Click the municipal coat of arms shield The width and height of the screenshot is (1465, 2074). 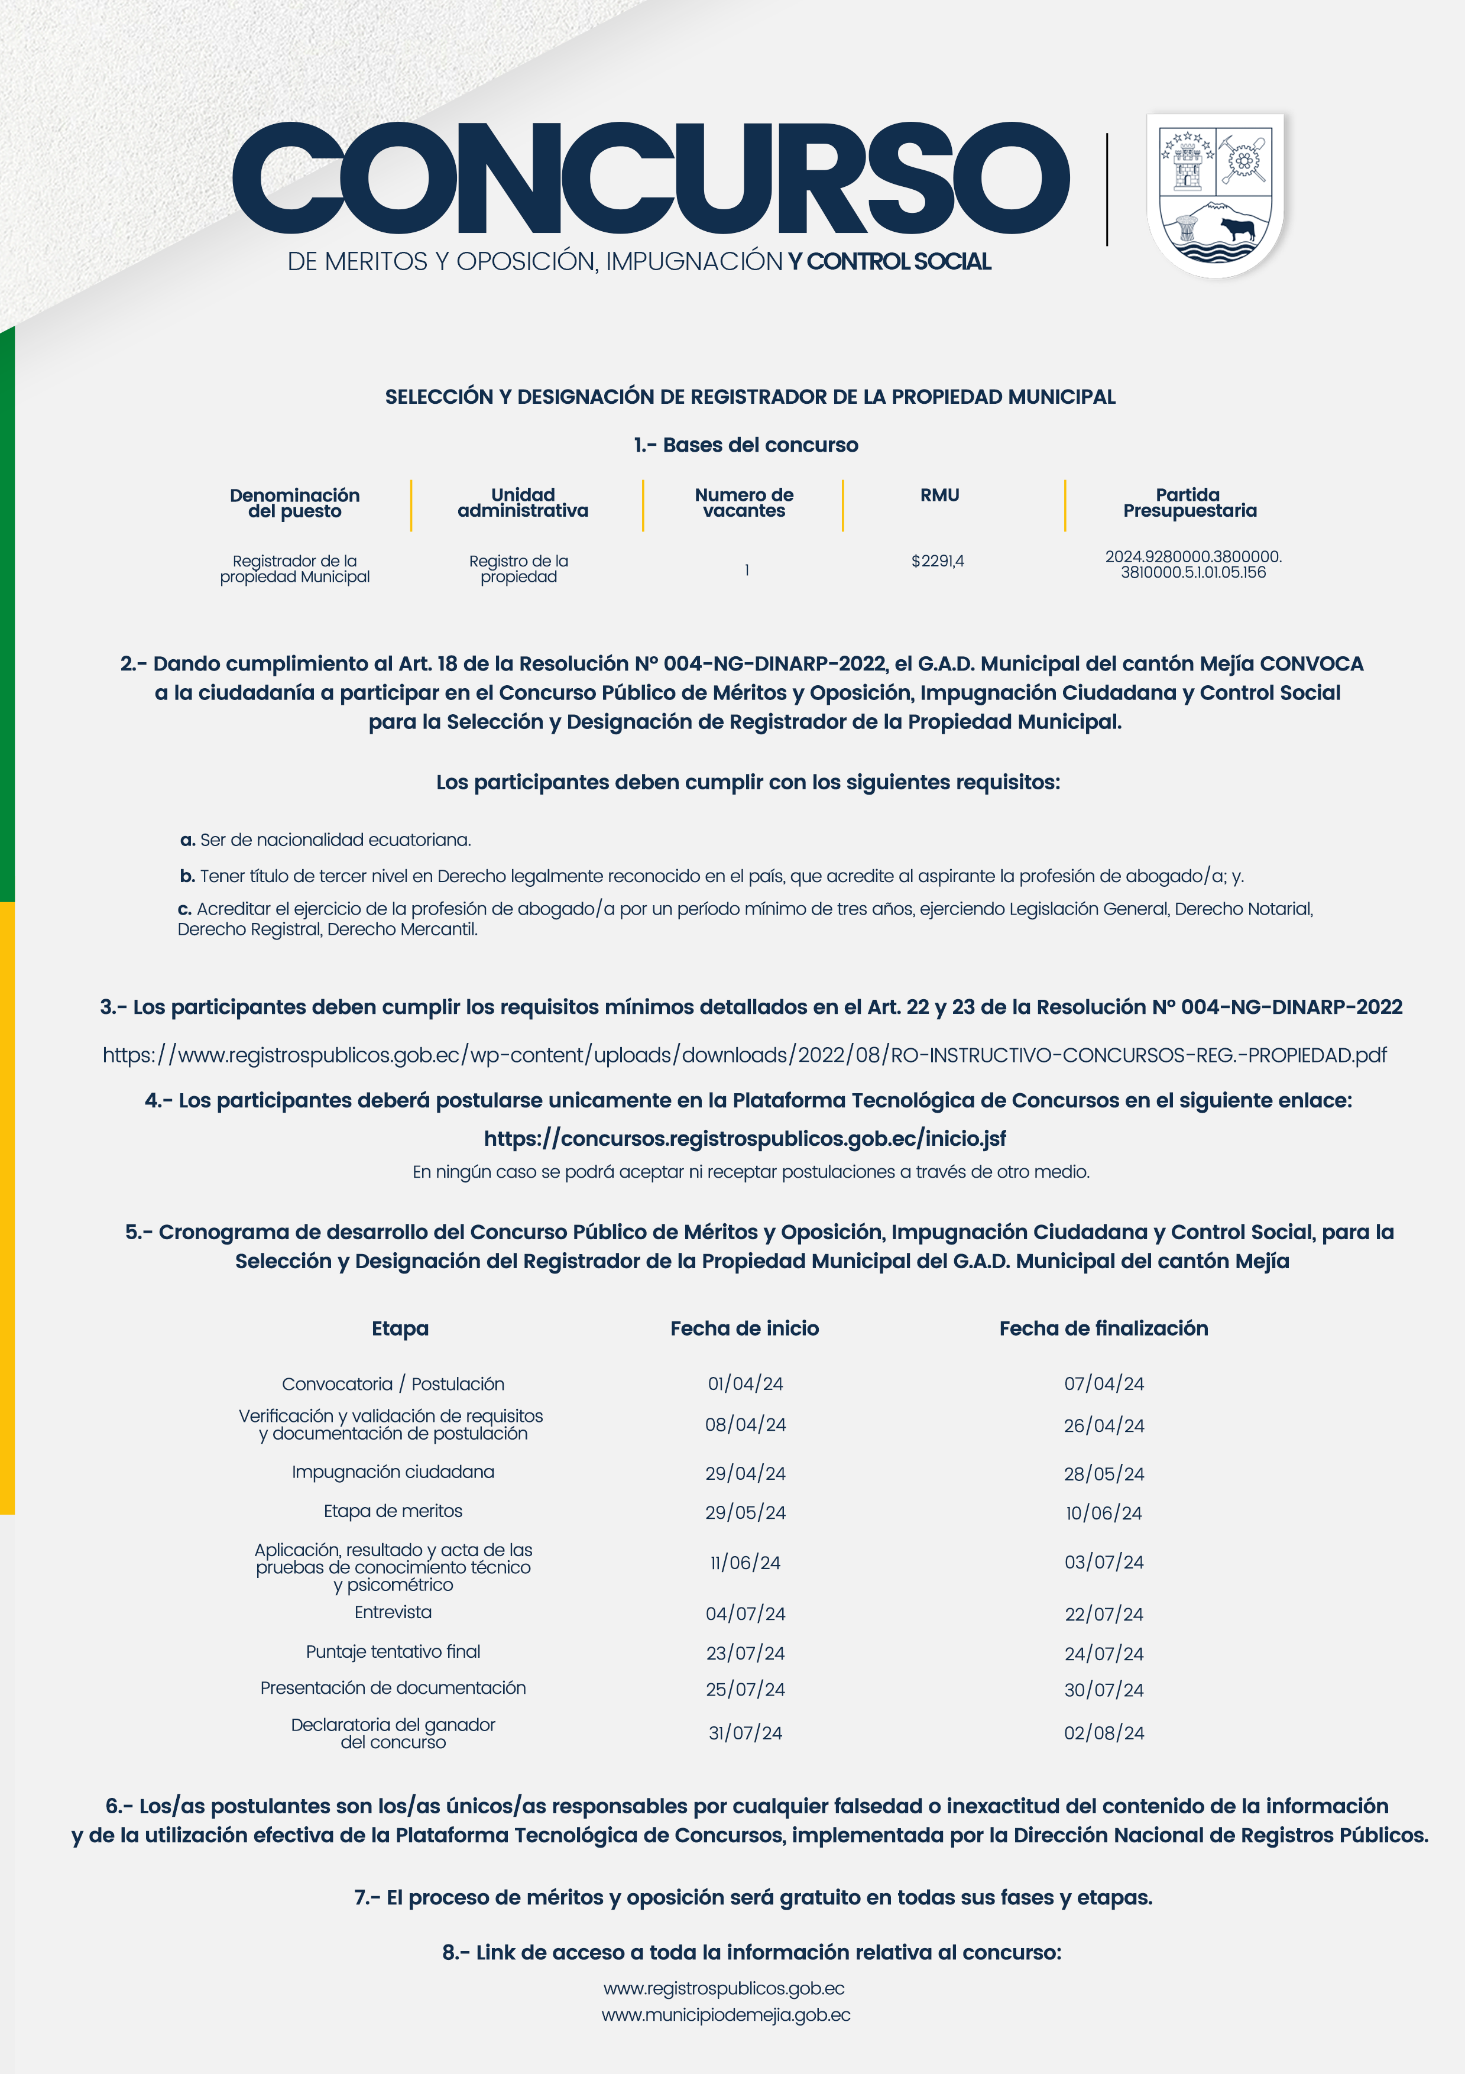point(1216,193)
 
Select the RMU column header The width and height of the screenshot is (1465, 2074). point(939,495)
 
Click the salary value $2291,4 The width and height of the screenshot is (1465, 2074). point(938,561)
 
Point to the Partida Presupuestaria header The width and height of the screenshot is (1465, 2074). point(1189,502)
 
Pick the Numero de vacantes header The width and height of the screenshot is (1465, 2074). point(744,502)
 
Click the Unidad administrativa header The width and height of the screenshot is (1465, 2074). point(523,502)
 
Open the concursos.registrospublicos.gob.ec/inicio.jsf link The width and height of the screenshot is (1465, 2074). point(744,1138)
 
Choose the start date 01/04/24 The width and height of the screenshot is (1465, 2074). point(745,1384)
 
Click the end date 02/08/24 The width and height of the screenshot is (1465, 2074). point(1104,1732)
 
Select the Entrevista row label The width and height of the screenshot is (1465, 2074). point(393,1612)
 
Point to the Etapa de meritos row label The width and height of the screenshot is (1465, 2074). point(393,1511)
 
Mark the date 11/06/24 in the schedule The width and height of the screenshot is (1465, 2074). point(745,1563)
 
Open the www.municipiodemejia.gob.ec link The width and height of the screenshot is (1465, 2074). point(726,2015)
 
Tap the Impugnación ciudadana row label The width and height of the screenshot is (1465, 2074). point(393,1472)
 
